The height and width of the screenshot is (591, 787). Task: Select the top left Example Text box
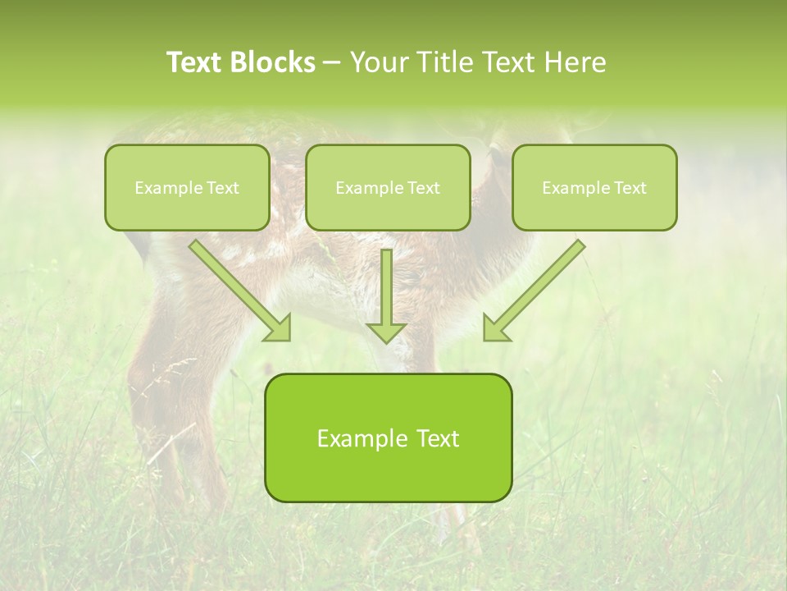tap(187, 187)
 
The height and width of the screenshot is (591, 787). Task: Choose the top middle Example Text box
tap(388, 187)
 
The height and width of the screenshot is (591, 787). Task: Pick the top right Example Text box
tap(594, 187)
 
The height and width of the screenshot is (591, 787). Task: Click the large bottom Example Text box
tap(388, 438)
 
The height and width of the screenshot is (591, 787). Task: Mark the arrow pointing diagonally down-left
tap(538, 286)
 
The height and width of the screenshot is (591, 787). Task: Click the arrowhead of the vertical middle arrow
tap(386, 332)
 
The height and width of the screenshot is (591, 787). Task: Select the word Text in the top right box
tap(629, 188)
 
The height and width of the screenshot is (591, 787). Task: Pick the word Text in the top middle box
tap(423, 188)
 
